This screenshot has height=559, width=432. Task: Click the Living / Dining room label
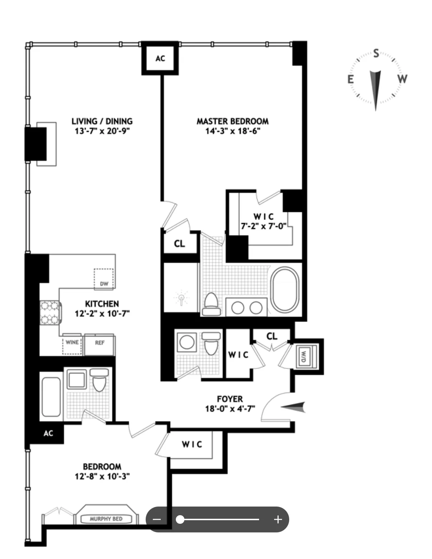point(102,121)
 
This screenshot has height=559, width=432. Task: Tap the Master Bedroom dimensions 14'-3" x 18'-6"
point(233,131)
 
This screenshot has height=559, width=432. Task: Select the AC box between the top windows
point(160,58)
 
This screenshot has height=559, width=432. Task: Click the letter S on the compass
point(376,54)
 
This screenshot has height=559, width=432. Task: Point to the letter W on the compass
point(402,79)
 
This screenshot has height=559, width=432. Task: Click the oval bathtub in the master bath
point(285,290)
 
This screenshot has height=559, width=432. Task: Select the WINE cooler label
point(72,342)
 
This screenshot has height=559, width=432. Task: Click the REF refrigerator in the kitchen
point(100,343)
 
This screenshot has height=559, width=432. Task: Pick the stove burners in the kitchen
point(50,312)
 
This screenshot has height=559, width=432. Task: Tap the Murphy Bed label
point(106,519)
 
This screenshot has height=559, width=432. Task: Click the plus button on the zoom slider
point(278,519)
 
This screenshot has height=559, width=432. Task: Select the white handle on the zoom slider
point(180,519)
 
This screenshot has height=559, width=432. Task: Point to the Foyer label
point(230,399)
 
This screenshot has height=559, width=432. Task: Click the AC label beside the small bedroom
point(48,433)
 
